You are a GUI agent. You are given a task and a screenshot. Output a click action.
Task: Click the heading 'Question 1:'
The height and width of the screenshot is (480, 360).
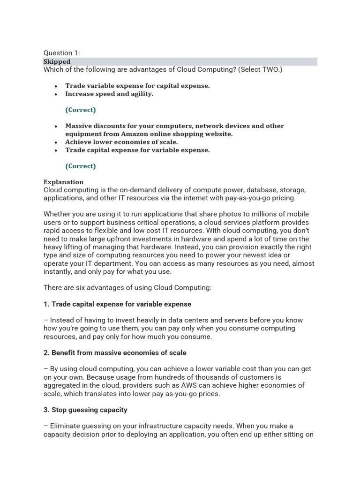(61, 53)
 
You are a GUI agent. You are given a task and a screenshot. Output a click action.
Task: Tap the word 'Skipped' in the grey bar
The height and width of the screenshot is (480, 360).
(57, 61)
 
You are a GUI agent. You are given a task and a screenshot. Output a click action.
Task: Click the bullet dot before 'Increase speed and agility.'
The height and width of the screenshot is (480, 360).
(56, 94)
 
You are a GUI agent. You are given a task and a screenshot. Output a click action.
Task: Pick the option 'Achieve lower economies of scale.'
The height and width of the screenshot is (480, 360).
(121, 142)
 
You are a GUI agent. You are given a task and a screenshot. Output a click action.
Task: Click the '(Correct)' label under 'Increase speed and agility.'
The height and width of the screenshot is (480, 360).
(81, 110)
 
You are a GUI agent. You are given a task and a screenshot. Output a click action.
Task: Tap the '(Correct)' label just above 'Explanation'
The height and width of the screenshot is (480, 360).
(81, 166)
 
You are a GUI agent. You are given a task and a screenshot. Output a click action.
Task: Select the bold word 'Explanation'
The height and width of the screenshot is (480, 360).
(63, 182)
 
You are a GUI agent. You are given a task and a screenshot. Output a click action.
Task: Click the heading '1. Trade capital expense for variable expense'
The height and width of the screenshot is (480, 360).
(117, 304)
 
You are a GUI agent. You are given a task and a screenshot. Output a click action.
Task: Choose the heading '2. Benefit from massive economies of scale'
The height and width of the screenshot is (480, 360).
(115, 352)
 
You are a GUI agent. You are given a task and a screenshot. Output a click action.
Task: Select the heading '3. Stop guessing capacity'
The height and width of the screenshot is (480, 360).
(85, 410)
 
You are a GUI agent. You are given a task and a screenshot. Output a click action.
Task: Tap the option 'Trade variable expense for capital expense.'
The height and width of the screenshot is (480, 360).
(137, 86)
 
